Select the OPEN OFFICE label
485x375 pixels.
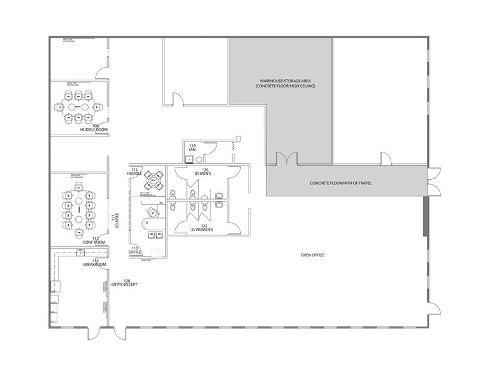(x=312, y=255)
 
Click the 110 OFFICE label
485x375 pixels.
(x=134, y=250)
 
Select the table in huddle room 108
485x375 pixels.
(x=78, y=107)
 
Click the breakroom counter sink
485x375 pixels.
(x=82, y=253)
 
